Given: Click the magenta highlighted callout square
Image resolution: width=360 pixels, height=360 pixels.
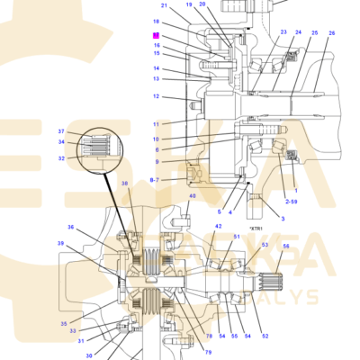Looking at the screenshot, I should pyautogui.click(x=156, y=35).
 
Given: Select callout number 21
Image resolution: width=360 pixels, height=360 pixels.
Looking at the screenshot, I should pyautogui.click(x=164, y=6).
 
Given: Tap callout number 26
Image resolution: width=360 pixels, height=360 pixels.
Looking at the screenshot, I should pyautogui.click(x=331, y=33).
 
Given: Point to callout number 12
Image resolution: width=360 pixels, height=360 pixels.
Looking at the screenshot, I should pyautogui.click(x=156, y=96).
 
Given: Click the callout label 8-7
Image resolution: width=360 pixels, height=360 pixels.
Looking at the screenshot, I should pyautogui.click(x=155, y=180).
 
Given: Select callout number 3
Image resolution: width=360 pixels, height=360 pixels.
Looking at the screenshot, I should pyautogui.click(x=282, y=219).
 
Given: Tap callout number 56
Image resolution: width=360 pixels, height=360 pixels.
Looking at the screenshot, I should pyautogui.click(x=286, y=247).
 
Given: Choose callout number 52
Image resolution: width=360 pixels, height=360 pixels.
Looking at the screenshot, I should pyautogui.click(x=265, y=337).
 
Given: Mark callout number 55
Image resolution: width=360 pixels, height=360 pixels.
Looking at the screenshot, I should pyautogui.click(x=235, y=337).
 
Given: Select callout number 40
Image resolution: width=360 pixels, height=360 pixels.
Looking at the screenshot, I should pyautogui.click(x=192, y=195).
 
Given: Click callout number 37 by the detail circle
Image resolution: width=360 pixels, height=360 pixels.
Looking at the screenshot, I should pyautogui.click(x=61, y=131).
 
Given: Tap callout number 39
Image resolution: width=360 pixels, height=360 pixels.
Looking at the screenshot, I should pyautogui.click(x=61, y=244).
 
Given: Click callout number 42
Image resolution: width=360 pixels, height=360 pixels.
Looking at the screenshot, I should pyautogui.click(x=218, y=227).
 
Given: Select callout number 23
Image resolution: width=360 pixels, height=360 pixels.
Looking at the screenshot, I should pyautogui.click(x=283, y=32).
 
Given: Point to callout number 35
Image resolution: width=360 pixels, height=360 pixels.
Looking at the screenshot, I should pyautogui.click(x=64, y=323).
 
